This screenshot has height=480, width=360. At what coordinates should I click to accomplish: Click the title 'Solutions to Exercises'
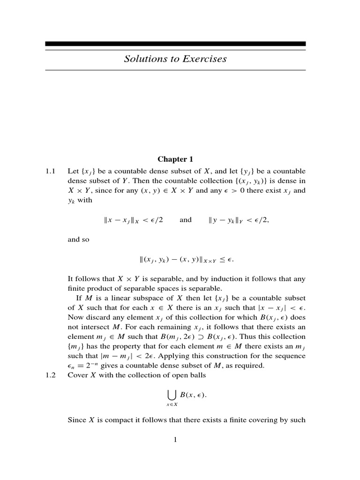click(x=175, y=59)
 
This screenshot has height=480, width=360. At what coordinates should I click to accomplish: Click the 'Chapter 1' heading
click(x=175, y=160)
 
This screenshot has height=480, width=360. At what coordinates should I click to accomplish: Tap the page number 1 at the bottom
click(x=175, y=440)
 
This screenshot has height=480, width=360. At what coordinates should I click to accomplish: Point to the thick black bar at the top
click(x=175, y=44)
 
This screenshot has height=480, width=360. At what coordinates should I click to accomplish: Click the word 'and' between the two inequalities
click(x=186, y=220)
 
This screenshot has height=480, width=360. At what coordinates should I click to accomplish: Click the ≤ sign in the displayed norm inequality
click(x=235, y=259)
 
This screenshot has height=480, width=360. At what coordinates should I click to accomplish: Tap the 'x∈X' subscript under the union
click(x=172, y=405)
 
